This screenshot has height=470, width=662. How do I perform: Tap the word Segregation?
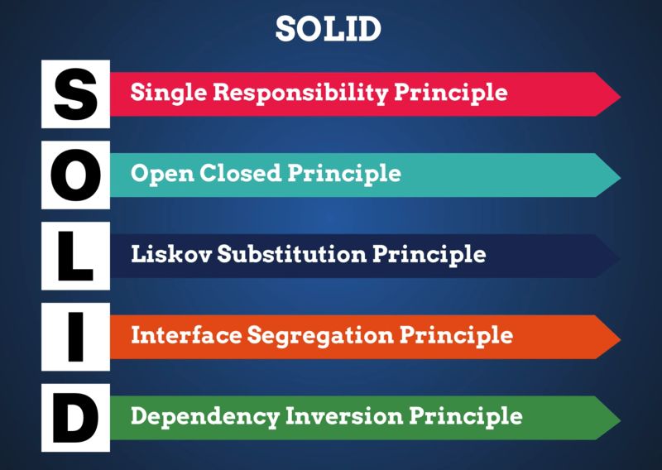(313, 335)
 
